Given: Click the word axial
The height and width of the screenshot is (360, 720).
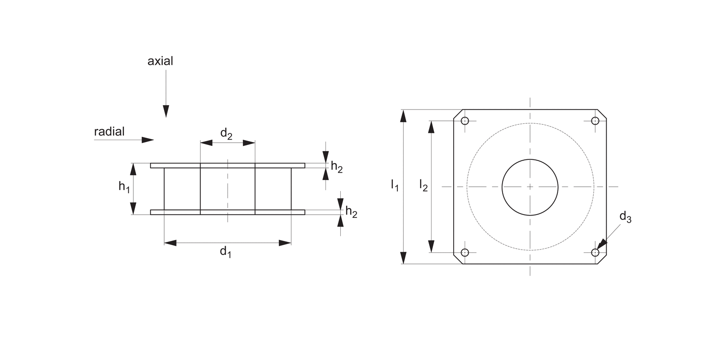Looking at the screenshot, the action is pos(160,61).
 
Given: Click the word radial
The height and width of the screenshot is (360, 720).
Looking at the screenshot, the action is pos(109,132).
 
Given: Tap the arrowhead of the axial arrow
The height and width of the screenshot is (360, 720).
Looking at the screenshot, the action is pos(166,111).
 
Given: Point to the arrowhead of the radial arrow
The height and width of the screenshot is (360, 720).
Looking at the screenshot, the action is pos(148,140).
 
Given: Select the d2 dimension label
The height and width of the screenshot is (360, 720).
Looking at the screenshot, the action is pos(226,134).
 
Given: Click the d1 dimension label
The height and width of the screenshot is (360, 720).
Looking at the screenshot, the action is pos(226,252).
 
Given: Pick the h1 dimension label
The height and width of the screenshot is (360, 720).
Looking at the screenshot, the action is pos(124,186).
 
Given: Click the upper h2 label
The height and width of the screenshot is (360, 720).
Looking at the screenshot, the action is pos(337,167).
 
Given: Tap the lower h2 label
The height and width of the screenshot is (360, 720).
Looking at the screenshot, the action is pos(351,212).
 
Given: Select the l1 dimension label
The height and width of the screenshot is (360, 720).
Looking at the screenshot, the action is pos(395,185).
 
